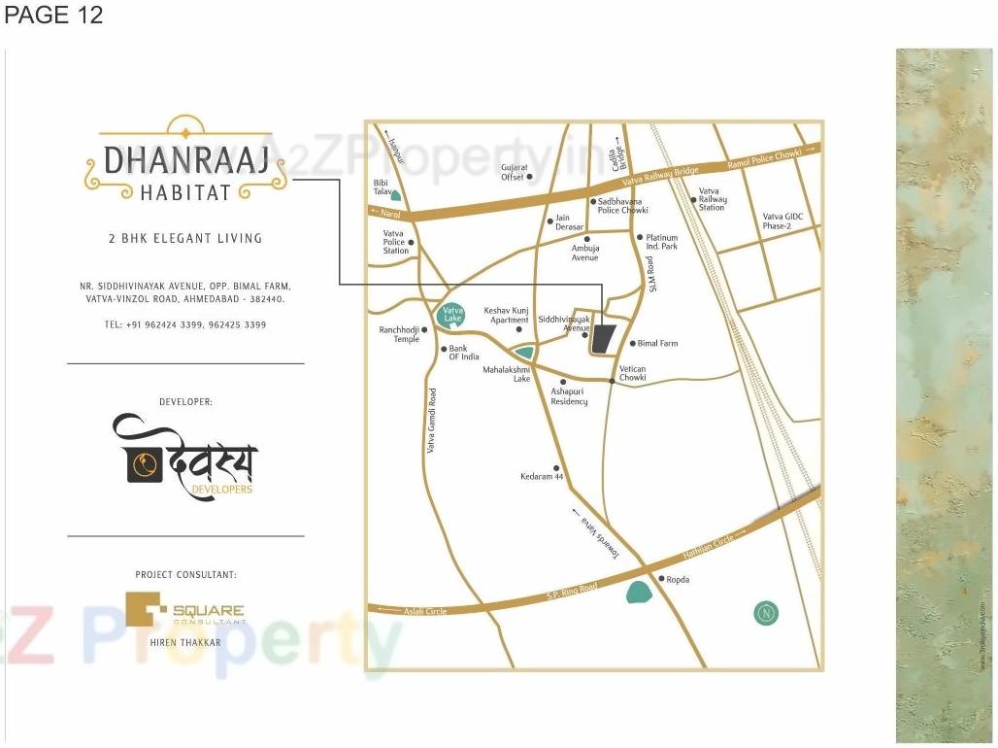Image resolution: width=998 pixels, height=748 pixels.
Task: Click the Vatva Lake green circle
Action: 451,314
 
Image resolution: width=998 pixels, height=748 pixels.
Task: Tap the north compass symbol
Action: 766,613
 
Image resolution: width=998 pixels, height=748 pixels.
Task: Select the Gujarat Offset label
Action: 513,172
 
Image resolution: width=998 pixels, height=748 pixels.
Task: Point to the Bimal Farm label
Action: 657,344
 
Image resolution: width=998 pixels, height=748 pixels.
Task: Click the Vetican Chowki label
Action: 632,373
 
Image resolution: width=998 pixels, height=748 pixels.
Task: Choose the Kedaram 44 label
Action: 542,477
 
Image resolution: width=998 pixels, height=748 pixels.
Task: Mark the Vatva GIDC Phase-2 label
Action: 783,221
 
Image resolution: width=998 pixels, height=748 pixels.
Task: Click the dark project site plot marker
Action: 605,339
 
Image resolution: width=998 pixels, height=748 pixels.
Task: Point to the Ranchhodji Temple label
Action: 399,334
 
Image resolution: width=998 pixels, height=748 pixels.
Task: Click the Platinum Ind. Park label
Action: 662,242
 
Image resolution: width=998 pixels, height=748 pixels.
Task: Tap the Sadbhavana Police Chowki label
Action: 622,206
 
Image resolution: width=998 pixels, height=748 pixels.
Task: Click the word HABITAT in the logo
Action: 185,192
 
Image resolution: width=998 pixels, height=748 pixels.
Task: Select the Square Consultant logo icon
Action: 147,610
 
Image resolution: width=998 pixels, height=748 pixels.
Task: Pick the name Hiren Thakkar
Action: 185,643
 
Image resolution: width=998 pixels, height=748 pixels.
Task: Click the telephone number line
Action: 184,324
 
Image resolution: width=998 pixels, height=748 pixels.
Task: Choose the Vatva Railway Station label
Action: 713,199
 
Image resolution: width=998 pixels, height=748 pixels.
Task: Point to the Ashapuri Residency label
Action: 569,396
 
